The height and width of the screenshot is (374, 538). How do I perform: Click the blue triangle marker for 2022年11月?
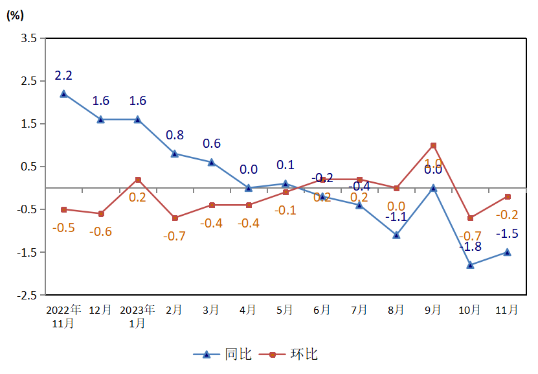63,93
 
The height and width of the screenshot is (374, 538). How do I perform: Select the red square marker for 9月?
433,145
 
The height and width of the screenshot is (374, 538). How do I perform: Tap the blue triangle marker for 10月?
470,265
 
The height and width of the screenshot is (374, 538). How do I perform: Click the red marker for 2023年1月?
138,180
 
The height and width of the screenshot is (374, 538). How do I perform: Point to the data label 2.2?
63,76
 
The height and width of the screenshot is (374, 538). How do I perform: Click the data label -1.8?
470,247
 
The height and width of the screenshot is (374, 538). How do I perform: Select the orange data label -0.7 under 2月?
174,236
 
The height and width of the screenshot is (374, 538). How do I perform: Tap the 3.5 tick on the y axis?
28,38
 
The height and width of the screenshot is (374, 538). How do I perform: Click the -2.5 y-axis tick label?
27,295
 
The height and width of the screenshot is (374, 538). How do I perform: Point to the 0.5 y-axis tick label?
28,167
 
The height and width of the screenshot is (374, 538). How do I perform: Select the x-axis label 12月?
100,310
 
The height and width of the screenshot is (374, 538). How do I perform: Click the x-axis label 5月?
285,310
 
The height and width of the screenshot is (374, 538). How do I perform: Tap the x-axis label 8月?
396,310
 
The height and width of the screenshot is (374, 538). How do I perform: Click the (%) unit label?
15,16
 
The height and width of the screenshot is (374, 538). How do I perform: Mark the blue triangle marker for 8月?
396,235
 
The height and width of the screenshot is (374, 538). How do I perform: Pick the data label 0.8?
175,135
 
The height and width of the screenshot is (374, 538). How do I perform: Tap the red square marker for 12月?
101,214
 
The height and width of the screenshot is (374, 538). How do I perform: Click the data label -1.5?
507,234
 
